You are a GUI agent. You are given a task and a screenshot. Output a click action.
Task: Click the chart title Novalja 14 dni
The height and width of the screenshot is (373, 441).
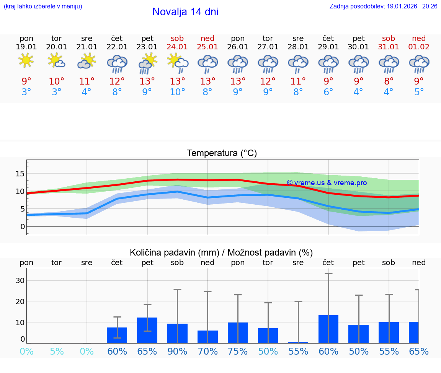click(185, 12)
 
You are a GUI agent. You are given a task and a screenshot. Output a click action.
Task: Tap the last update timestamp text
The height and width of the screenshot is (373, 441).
click(383, 7)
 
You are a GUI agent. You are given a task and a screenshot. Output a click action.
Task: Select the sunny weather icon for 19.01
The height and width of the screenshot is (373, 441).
click(26, 61)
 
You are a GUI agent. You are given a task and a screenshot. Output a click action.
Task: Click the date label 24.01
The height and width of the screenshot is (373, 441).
click(177, 47)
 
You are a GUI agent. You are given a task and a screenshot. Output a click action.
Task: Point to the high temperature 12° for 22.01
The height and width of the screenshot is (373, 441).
click(117, 81)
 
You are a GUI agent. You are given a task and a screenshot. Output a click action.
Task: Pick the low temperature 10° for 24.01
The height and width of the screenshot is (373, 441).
click(177, 92)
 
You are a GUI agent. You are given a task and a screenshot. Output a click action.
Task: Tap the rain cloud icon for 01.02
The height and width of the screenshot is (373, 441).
click(419, 64)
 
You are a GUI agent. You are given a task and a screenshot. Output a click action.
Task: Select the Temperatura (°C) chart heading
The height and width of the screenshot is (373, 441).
click(222, 153)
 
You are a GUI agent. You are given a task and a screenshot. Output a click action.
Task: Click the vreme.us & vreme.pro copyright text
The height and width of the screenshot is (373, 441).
click(327, 183)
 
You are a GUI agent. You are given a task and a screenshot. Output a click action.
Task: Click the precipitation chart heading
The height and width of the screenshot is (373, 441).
click(221, 252)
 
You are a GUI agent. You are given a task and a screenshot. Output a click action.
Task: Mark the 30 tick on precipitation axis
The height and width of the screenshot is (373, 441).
click(20, 280)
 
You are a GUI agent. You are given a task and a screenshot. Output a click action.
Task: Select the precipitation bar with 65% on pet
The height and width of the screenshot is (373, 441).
click(147, 330)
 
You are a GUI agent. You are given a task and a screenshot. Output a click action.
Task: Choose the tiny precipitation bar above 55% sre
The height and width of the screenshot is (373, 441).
click(298, 342)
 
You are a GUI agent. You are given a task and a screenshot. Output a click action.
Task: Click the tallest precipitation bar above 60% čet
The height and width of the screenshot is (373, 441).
click(328, 329)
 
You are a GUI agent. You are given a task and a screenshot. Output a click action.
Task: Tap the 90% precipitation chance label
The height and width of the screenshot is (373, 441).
click(177, 352)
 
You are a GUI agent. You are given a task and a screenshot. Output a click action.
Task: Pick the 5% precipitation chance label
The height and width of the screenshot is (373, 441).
click(57, 352)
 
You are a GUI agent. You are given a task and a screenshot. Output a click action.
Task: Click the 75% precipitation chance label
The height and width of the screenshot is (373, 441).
click(238, 352)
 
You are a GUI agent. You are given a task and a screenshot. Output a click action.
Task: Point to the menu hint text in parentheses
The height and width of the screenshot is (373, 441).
click(43, 7)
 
